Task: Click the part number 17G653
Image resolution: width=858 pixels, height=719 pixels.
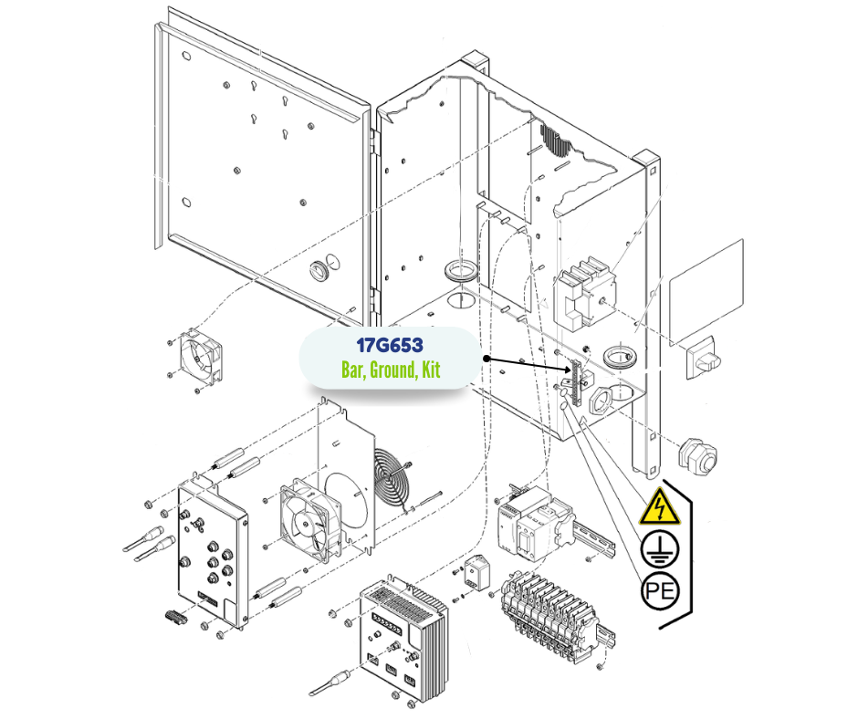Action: [x=389, y=345]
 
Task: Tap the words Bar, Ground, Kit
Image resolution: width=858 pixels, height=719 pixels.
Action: [x=390, y=370]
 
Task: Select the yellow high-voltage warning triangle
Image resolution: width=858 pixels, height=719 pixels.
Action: [x=659, y=506]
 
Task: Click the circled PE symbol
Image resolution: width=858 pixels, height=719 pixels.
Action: [x=660, y=591]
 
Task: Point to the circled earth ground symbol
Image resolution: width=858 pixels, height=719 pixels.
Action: [x=659, y=548]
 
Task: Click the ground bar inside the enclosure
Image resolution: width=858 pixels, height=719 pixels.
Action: [x=575, y=382]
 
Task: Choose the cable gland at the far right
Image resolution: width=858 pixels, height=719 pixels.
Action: [x=697, y=454]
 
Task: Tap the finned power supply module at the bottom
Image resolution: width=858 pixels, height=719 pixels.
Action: [x=403, y=638]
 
